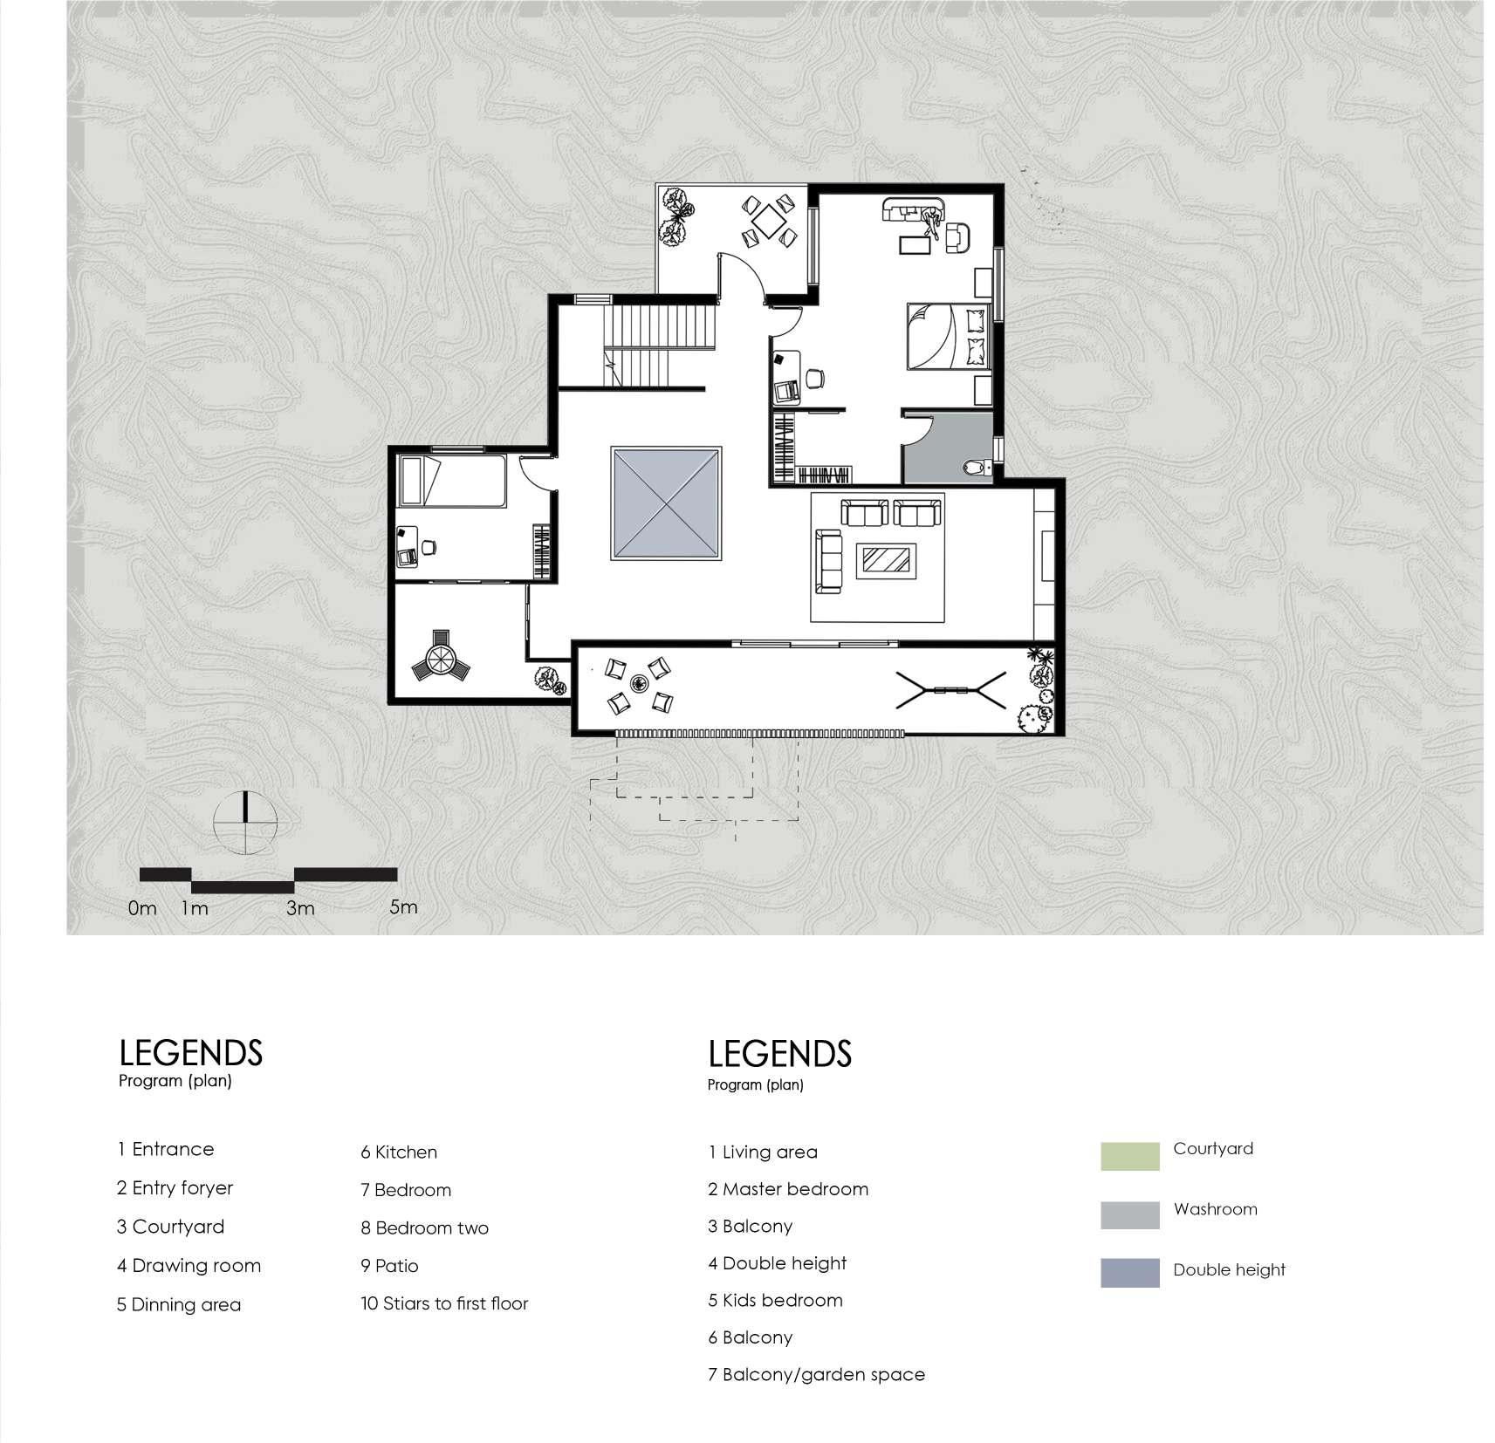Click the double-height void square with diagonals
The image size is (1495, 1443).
pyautogui.click(x=667, y=504)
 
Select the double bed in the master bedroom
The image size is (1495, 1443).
pyautogui.click(x=949, y=336)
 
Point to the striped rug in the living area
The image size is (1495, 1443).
pyautogui.click(x=886, y=559)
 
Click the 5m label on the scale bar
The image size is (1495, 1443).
pyautogui.click(x=403, y=906)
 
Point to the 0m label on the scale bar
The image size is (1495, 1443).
pyautogui.click(x=141, y=908)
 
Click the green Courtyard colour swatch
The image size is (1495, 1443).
pyautogui.click(x=1129, y=1155)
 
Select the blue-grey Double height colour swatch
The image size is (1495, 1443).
pyautogui.click(x=1129, y=1273)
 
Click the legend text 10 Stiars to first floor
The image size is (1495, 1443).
pyautogui.click(x=444, y=1303)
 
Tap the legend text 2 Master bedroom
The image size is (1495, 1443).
pyautogui.click(x=787, y=1189)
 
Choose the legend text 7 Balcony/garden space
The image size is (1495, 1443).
pyautogui.click(x=815, y=1375)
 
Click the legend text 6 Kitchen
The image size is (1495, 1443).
pyautogui.click(x=399, y=1152)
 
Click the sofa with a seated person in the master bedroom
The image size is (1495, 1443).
pyautogui.click(x=914, y=212)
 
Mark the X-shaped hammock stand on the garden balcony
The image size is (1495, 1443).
pyautogui.click(x=950, y=690)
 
